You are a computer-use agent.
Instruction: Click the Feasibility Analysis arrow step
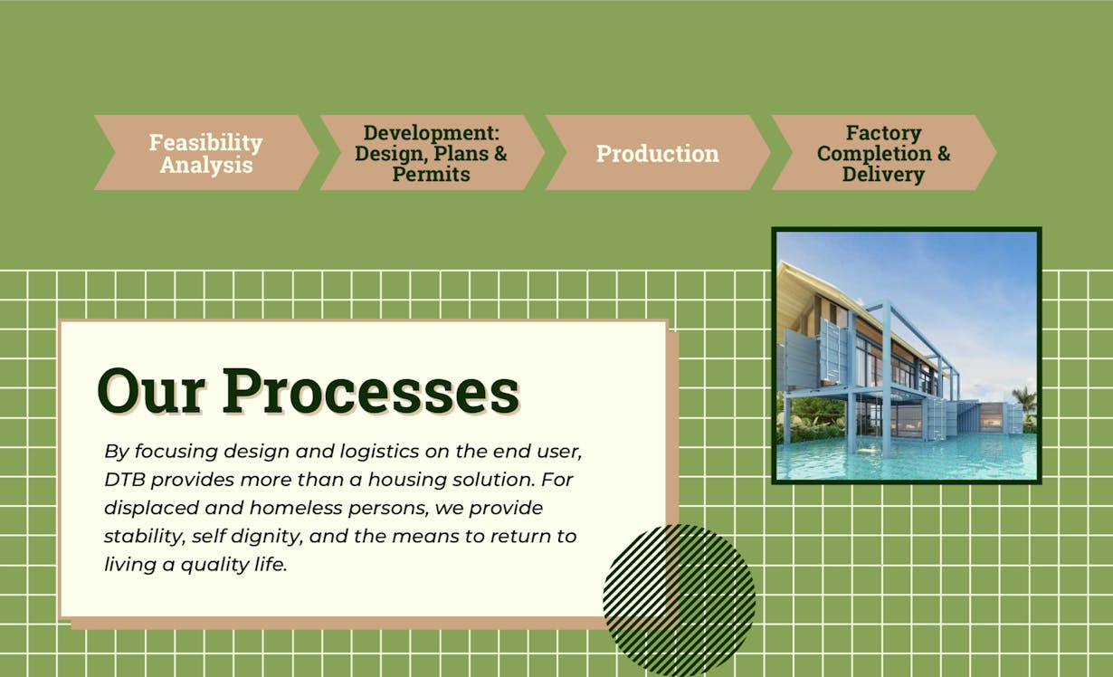pos(206,153)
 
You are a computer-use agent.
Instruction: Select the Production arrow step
pos(658,153)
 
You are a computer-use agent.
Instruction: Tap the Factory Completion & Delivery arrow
pos(884,153)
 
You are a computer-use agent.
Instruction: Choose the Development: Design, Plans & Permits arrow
pos(432,153)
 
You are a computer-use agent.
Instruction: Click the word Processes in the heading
pos(371,391)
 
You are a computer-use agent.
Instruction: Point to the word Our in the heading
pos(151,391)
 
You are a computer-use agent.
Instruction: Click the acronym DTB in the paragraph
pos(125,480)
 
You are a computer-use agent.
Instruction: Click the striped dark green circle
pos(680,600)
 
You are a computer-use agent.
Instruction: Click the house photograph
pos(907,356)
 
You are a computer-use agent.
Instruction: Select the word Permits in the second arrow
pos(432,175)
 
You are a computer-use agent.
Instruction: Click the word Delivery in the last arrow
pos(883,175)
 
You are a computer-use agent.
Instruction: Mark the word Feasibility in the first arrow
pos(206,143)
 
